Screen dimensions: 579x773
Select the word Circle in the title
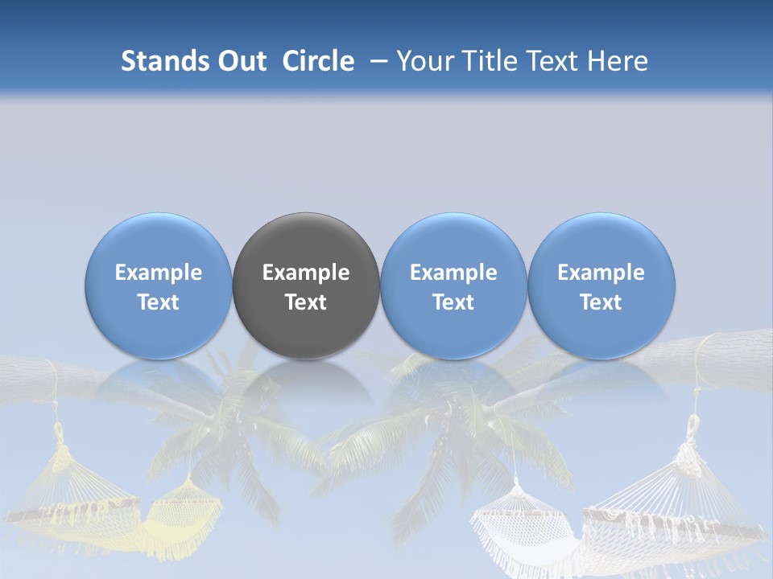pos(318,61)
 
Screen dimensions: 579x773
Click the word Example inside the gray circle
pos(306,273)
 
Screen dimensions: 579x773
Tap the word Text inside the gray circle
pos(306,302)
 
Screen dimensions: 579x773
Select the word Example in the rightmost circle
pos(601,273)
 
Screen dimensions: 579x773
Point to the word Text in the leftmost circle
pos(159,302)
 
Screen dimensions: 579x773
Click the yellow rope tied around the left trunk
pos(53,378)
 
